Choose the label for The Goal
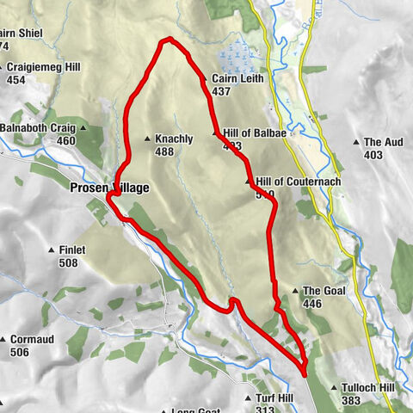click(x=324, y=292)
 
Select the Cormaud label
click(x=32, y=340)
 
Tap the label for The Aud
click(x=384, y=142)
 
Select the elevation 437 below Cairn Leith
click(x=221, y=91)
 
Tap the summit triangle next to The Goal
click(x=295, y=292)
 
